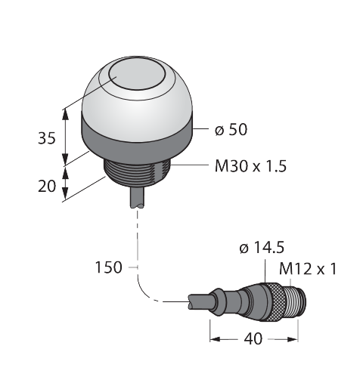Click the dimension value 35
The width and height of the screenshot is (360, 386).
(x=47, y=138)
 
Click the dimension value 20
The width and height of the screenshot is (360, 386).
(x=47, y=187)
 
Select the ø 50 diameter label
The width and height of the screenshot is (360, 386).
(x=231, y=130)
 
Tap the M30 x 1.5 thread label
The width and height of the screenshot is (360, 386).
(x=250, y=166)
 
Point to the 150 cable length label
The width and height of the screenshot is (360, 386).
(x=108, y=267)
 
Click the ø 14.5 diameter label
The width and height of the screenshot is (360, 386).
(x=262, y=248)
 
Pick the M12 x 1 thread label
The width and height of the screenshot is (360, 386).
(x=308, y=269)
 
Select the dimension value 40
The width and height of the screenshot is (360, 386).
(x=253, y=339)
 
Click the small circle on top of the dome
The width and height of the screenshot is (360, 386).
(x=137, y=75)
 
